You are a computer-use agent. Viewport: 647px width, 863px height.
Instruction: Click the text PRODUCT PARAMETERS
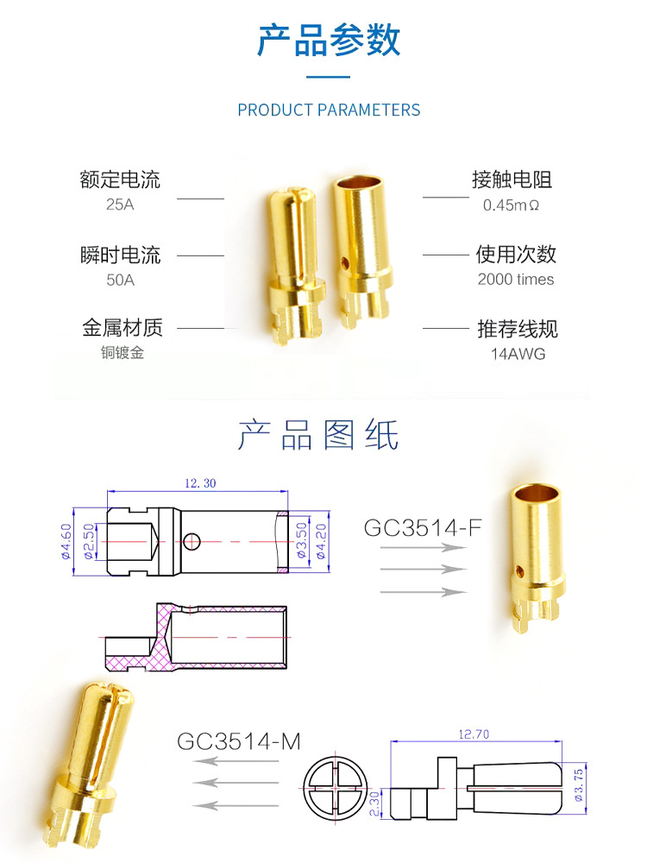tap(329, 110)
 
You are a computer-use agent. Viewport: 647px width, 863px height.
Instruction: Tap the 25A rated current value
tap(120, 205)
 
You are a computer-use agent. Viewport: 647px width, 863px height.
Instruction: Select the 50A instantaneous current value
tap(120, 280)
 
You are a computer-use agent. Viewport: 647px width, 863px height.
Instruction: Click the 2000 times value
tap(516, 280)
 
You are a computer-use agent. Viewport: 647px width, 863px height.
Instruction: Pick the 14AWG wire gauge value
tap(518, 354)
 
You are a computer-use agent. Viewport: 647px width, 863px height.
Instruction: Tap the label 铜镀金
tap(122, 352)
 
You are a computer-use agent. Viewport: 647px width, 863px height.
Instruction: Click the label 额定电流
tap(120, 180)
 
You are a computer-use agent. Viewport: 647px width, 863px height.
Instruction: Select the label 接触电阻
tap(512, 180)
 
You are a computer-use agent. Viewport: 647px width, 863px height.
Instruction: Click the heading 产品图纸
tap(318, 436)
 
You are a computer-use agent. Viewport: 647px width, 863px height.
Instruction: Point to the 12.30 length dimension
tap(200, 483)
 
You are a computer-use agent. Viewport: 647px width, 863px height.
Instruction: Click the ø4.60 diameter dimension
tap(66, 542)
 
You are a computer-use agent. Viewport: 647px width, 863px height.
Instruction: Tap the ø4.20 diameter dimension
tap(322, 542)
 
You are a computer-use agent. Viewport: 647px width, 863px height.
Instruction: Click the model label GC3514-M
tap(239, 741)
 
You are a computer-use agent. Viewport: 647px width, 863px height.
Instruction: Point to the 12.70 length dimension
tap(475, 734)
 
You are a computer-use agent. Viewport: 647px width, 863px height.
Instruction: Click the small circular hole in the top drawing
tap(192, 541)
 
